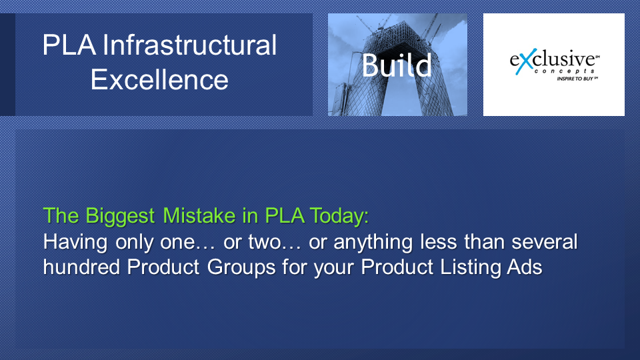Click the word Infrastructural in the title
click(x=190, y=45)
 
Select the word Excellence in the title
click(x=159, y=79)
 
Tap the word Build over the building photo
click(x=397, y=65)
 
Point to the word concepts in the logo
click(x=564, y=71)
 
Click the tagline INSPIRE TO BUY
click(x=576, y=79)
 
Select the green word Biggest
click(x=120, y=216)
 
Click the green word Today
click(x=339, y=215)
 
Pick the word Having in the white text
click(x=75, y=242)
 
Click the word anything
click(x=373, y=242)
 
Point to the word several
click(x=545, y=241)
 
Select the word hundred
click(x=81, y=267)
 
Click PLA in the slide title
click(x=69, y=45)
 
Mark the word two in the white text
click(x=265, y=242)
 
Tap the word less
click(x=439, y=241)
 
